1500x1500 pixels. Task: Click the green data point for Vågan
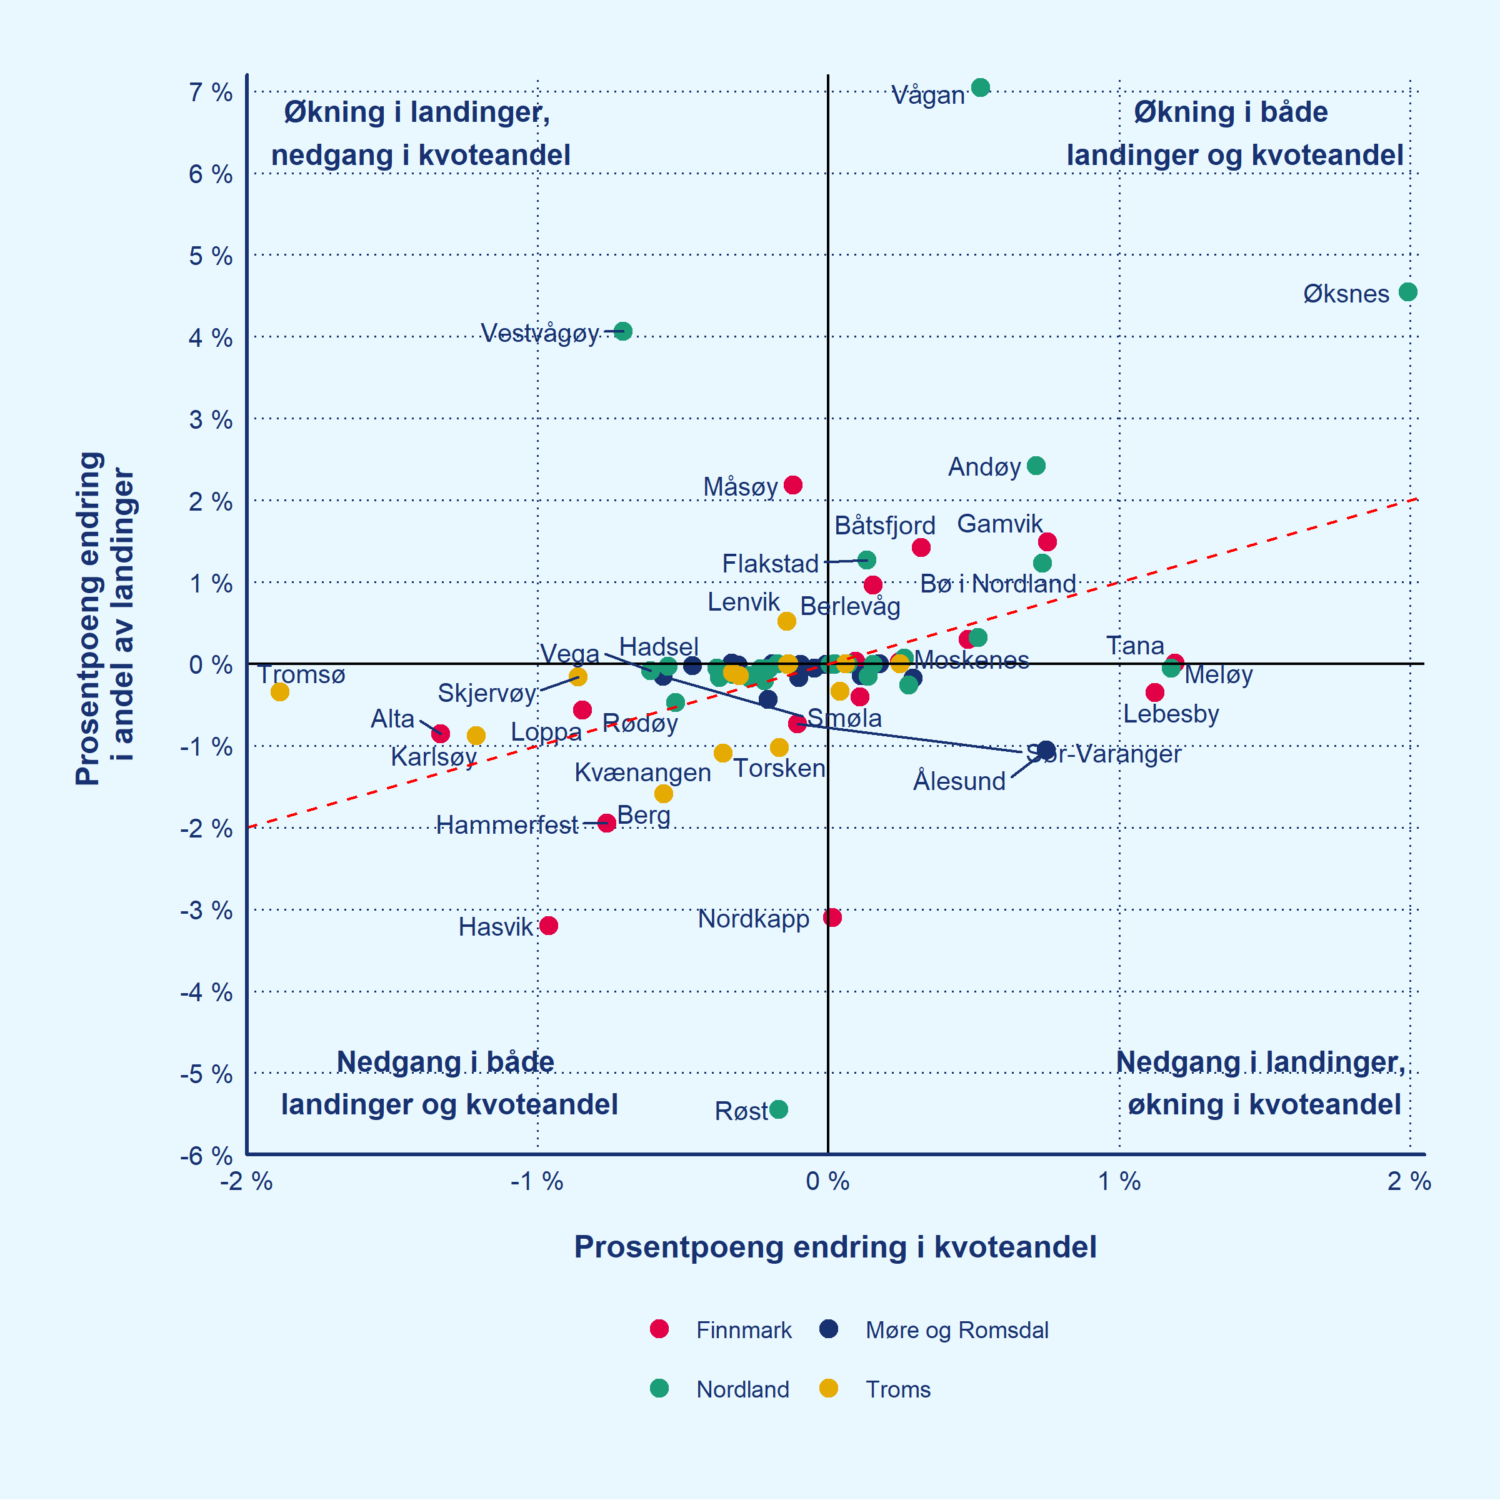pos(981,87)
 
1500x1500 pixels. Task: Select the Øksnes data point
pos(1407,292)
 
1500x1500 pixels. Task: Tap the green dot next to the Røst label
pos(779,1109)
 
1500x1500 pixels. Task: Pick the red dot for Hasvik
pos(549,926)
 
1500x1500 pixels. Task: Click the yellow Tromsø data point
pos(280,692)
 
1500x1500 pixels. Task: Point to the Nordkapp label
pos(753,919)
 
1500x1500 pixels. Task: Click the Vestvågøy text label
pos(539,333)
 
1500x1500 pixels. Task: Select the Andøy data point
pos(1036,466)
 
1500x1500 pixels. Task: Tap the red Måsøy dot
pos(792,485)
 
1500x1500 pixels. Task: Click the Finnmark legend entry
pos(743,1330)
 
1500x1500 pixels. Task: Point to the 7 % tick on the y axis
pos(211,92)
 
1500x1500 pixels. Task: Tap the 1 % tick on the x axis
pos(1119,1182)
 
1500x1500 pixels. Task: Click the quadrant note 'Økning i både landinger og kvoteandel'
pos(1234,134)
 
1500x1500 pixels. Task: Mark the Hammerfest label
pos(507,824)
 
